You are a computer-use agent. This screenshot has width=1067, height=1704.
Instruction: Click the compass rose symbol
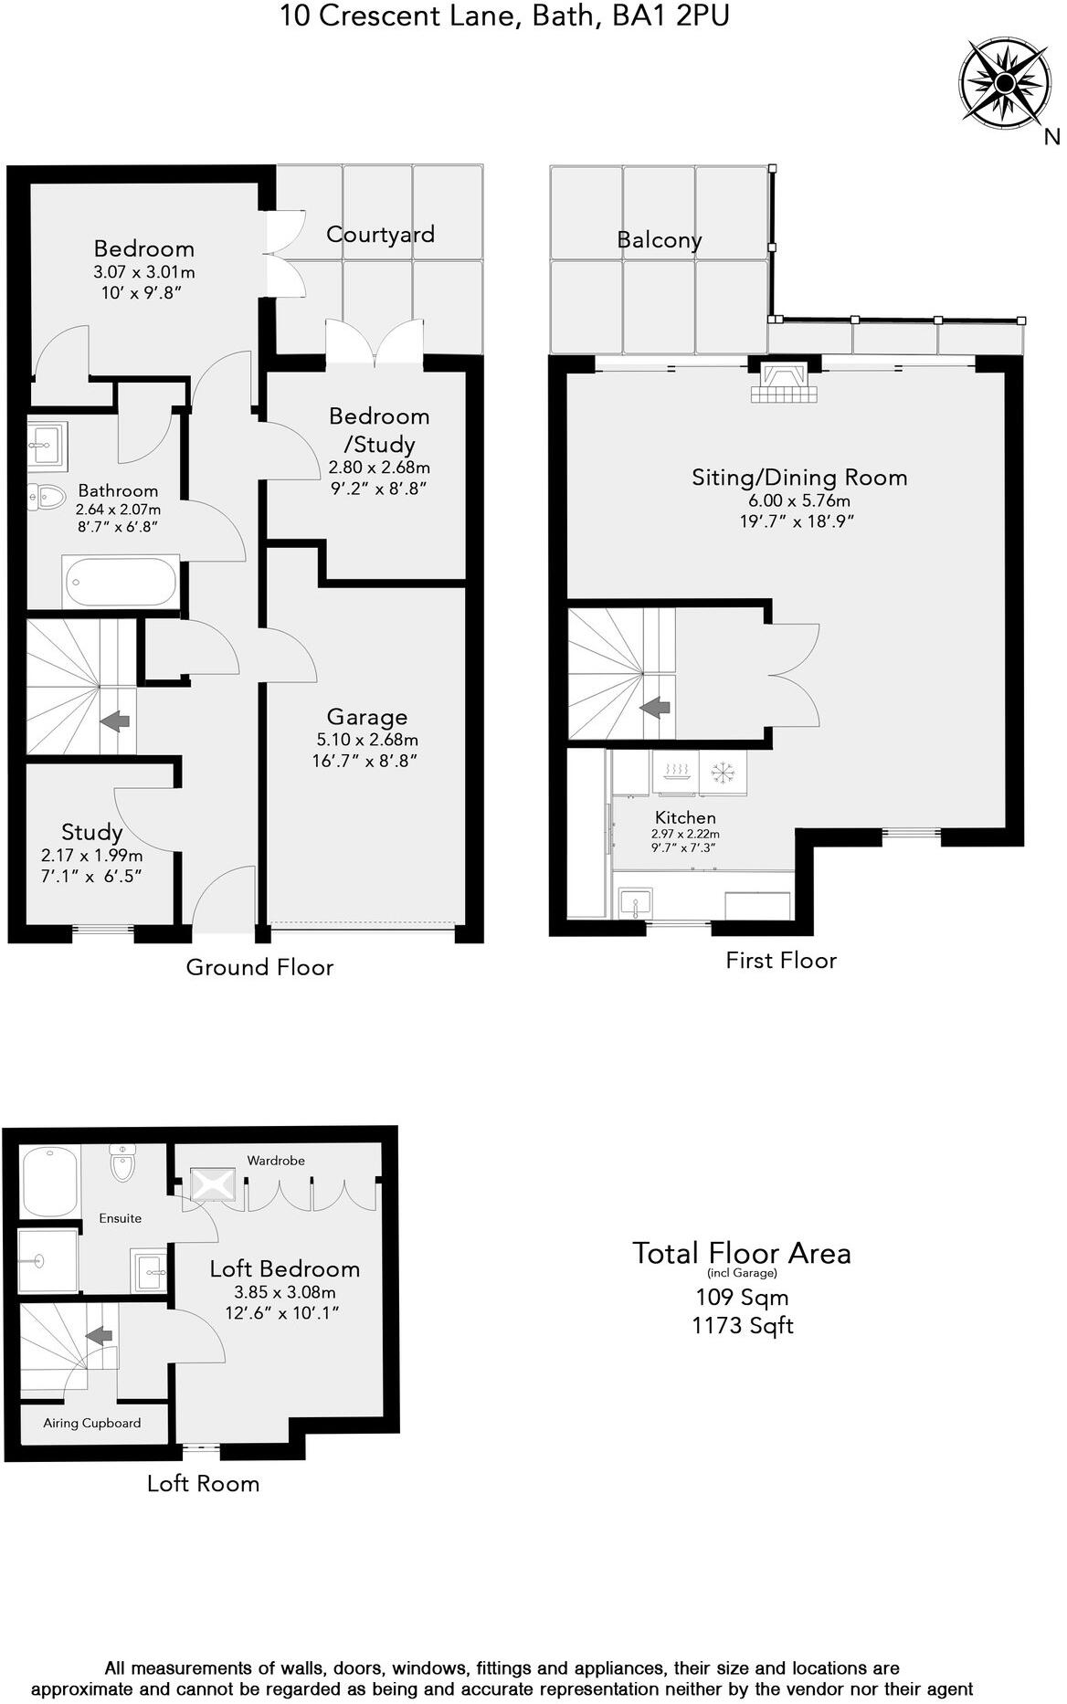pyautogui.click(x=1003, y=84)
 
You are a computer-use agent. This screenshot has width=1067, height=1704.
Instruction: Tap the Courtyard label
pyautogui.click(x=380, y=235)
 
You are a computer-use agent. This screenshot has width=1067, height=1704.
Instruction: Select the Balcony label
pyautogui.click(x=659, y=240)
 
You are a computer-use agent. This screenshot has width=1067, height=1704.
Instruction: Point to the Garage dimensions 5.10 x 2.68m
pyautogui.click(x=367, y=740)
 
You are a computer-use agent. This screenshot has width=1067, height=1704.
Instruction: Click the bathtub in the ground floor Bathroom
pyautogui.click(x=121, y=581)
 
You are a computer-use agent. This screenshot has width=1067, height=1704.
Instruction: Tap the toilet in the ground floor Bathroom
pyautogui.click(x=47, y=497)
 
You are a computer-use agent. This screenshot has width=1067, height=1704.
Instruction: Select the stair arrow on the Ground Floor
pyautogui.click(x=114, y=721)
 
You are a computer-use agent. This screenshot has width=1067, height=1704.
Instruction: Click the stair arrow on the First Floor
pyautogui.click(x=654, y=707)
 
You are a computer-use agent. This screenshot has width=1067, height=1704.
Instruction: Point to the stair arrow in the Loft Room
pyautogui.click(x=99, y=1335)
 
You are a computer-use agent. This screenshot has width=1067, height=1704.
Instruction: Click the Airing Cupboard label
pyautogui.click(x=92, y=1423)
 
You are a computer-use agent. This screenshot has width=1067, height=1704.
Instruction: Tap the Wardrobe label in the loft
pyautogui.click(x=276, y=1161)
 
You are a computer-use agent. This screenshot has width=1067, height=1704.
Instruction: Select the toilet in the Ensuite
pyautogui.click(x=121, y=1163)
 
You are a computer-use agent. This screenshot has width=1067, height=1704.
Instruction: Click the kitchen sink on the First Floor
pyautogui.click(x=635, y=904)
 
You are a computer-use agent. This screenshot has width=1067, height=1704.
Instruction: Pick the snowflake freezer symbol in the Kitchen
pyautogui.click(x=723, y=773)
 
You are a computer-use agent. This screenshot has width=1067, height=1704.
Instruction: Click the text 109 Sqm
pyautogui.click(x=742, y=1298)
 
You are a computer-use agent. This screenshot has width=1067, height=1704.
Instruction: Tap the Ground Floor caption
pyautogui.click(x=259, y=967)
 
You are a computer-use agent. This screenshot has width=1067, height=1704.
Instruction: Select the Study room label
pyautogui.click(x=91, y=832)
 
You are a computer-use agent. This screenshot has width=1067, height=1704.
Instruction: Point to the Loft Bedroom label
pyautogui.click(x=284, y=1268)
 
